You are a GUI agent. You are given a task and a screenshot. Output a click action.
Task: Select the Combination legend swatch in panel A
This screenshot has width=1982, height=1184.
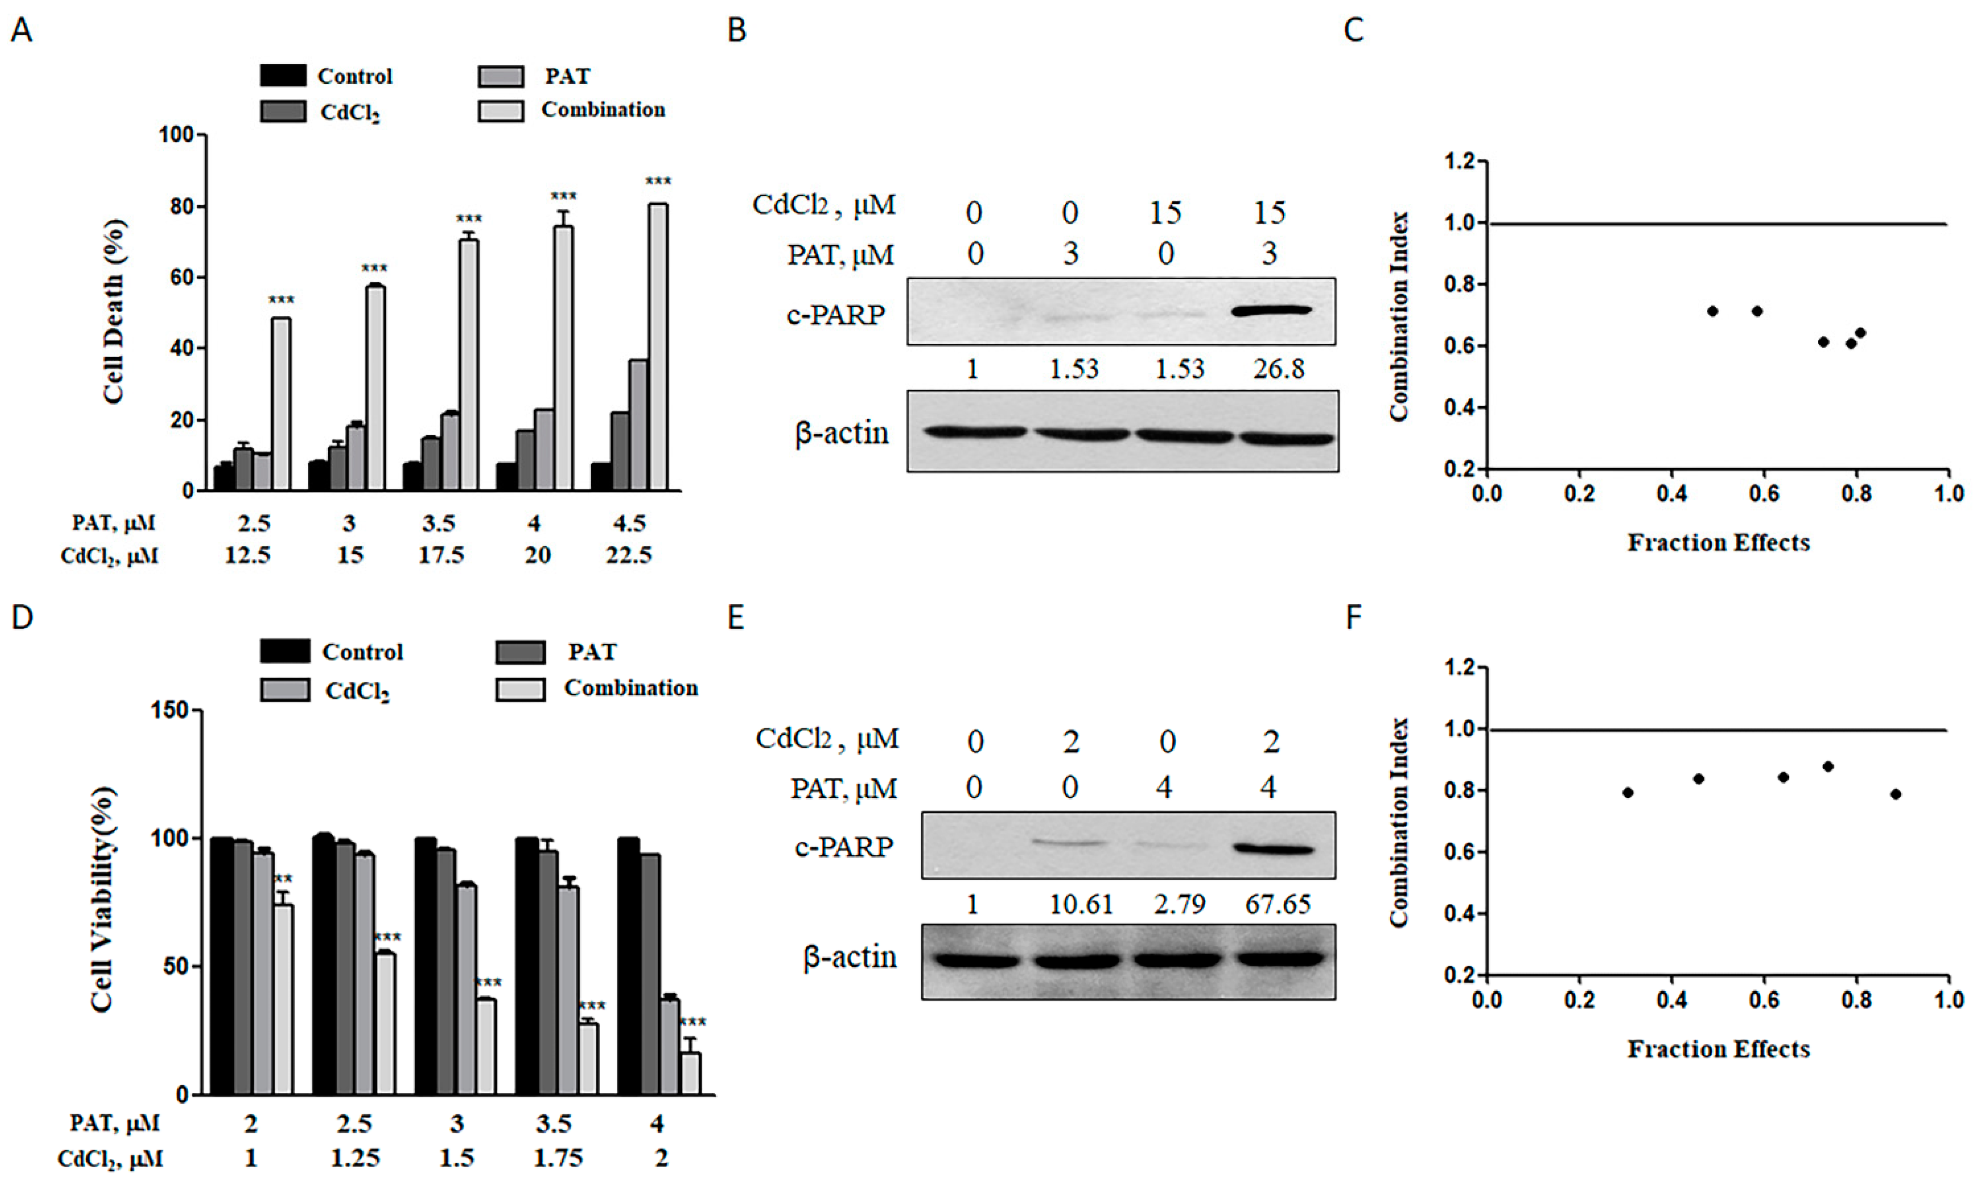click(x=500, y=110)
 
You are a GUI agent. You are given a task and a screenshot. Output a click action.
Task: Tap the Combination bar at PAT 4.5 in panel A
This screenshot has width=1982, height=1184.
click(x=658, y=347)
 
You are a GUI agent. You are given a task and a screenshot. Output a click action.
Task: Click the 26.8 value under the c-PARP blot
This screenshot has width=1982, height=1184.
click(x=1278, y=369)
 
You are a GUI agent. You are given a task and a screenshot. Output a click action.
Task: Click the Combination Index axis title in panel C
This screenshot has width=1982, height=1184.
click(x=1398, y=316)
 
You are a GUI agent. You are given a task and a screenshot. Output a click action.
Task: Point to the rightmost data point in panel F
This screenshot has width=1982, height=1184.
click(x=1896, y=794)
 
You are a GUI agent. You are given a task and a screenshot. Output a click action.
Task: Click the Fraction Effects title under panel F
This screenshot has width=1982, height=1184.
click(x=1719, y=1049)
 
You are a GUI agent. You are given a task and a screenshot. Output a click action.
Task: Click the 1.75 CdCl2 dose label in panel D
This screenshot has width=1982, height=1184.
click(x=558, y=1158)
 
